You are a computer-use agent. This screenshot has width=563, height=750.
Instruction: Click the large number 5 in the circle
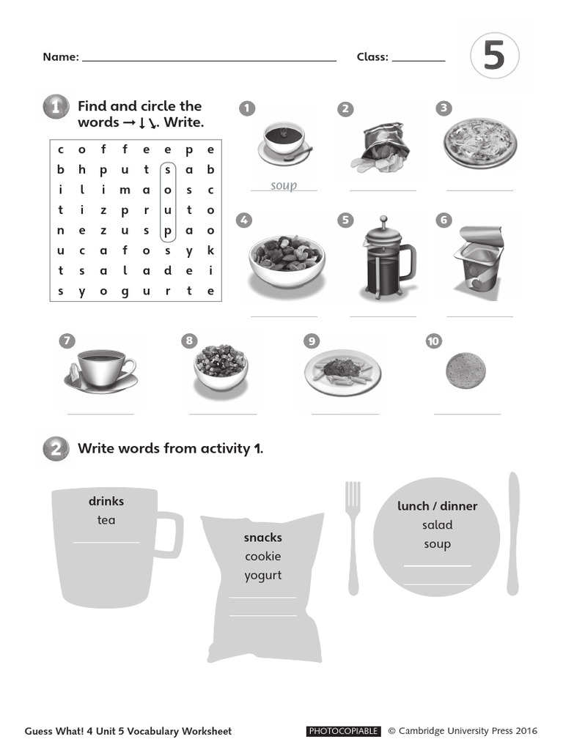(x=494, y=56)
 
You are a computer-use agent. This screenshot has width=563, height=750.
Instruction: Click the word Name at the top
(x=59, y=57)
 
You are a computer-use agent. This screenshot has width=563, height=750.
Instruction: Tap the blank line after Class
(x=419, y=59)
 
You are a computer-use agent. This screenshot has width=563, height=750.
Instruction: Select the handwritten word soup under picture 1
(x=284, y=185)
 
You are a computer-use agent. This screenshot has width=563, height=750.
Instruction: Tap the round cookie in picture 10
(x=466, y=371)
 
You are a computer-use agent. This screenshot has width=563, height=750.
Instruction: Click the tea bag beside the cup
(x=73, y=374)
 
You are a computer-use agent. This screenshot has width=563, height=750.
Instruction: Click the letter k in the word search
(x=210, y=250)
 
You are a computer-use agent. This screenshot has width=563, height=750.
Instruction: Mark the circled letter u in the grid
(x=168, y=209)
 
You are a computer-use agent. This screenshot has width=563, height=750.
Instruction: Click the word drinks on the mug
(x=106, y=501)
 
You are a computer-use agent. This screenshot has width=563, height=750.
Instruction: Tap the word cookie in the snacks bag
(x=263, y=556)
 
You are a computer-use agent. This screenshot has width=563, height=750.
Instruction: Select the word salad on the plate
(x=437, y=524)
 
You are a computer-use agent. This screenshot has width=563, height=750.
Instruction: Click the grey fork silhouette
(x=353, y=535)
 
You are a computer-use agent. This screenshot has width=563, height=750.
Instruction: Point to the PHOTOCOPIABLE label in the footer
(x=343, y=731)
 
